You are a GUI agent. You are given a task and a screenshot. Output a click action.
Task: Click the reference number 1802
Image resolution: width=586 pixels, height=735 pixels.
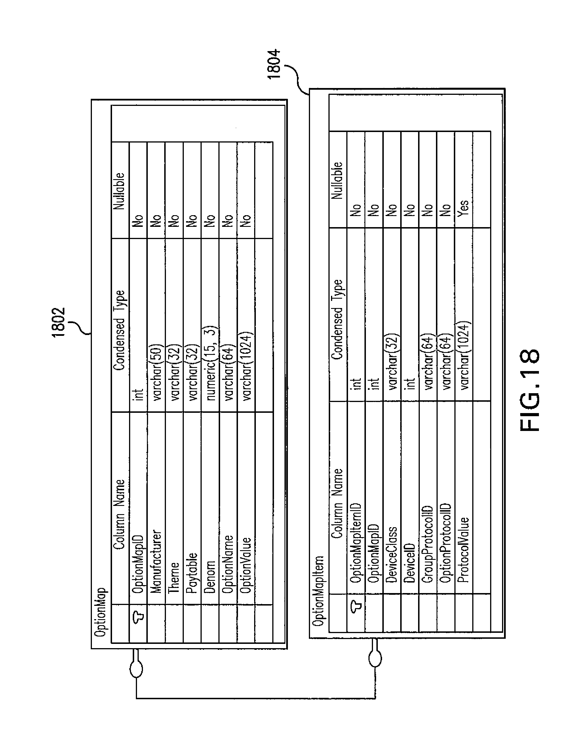coord(58,322)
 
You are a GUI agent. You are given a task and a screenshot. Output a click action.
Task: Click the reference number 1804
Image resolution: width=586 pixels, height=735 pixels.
coord(274,64)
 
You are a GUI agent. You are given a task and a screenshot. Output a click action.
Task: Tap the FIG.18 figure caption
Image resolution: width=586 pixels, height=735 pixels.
coord(530,390)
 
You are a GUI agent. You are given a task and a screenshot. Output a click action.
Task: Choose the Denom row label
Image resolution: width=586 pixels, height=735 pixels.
coord(209,577)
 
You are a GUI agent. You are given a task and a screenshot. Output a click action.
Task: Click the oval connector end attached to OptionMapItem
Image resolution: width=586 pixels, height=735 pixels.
coord(375,658)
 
